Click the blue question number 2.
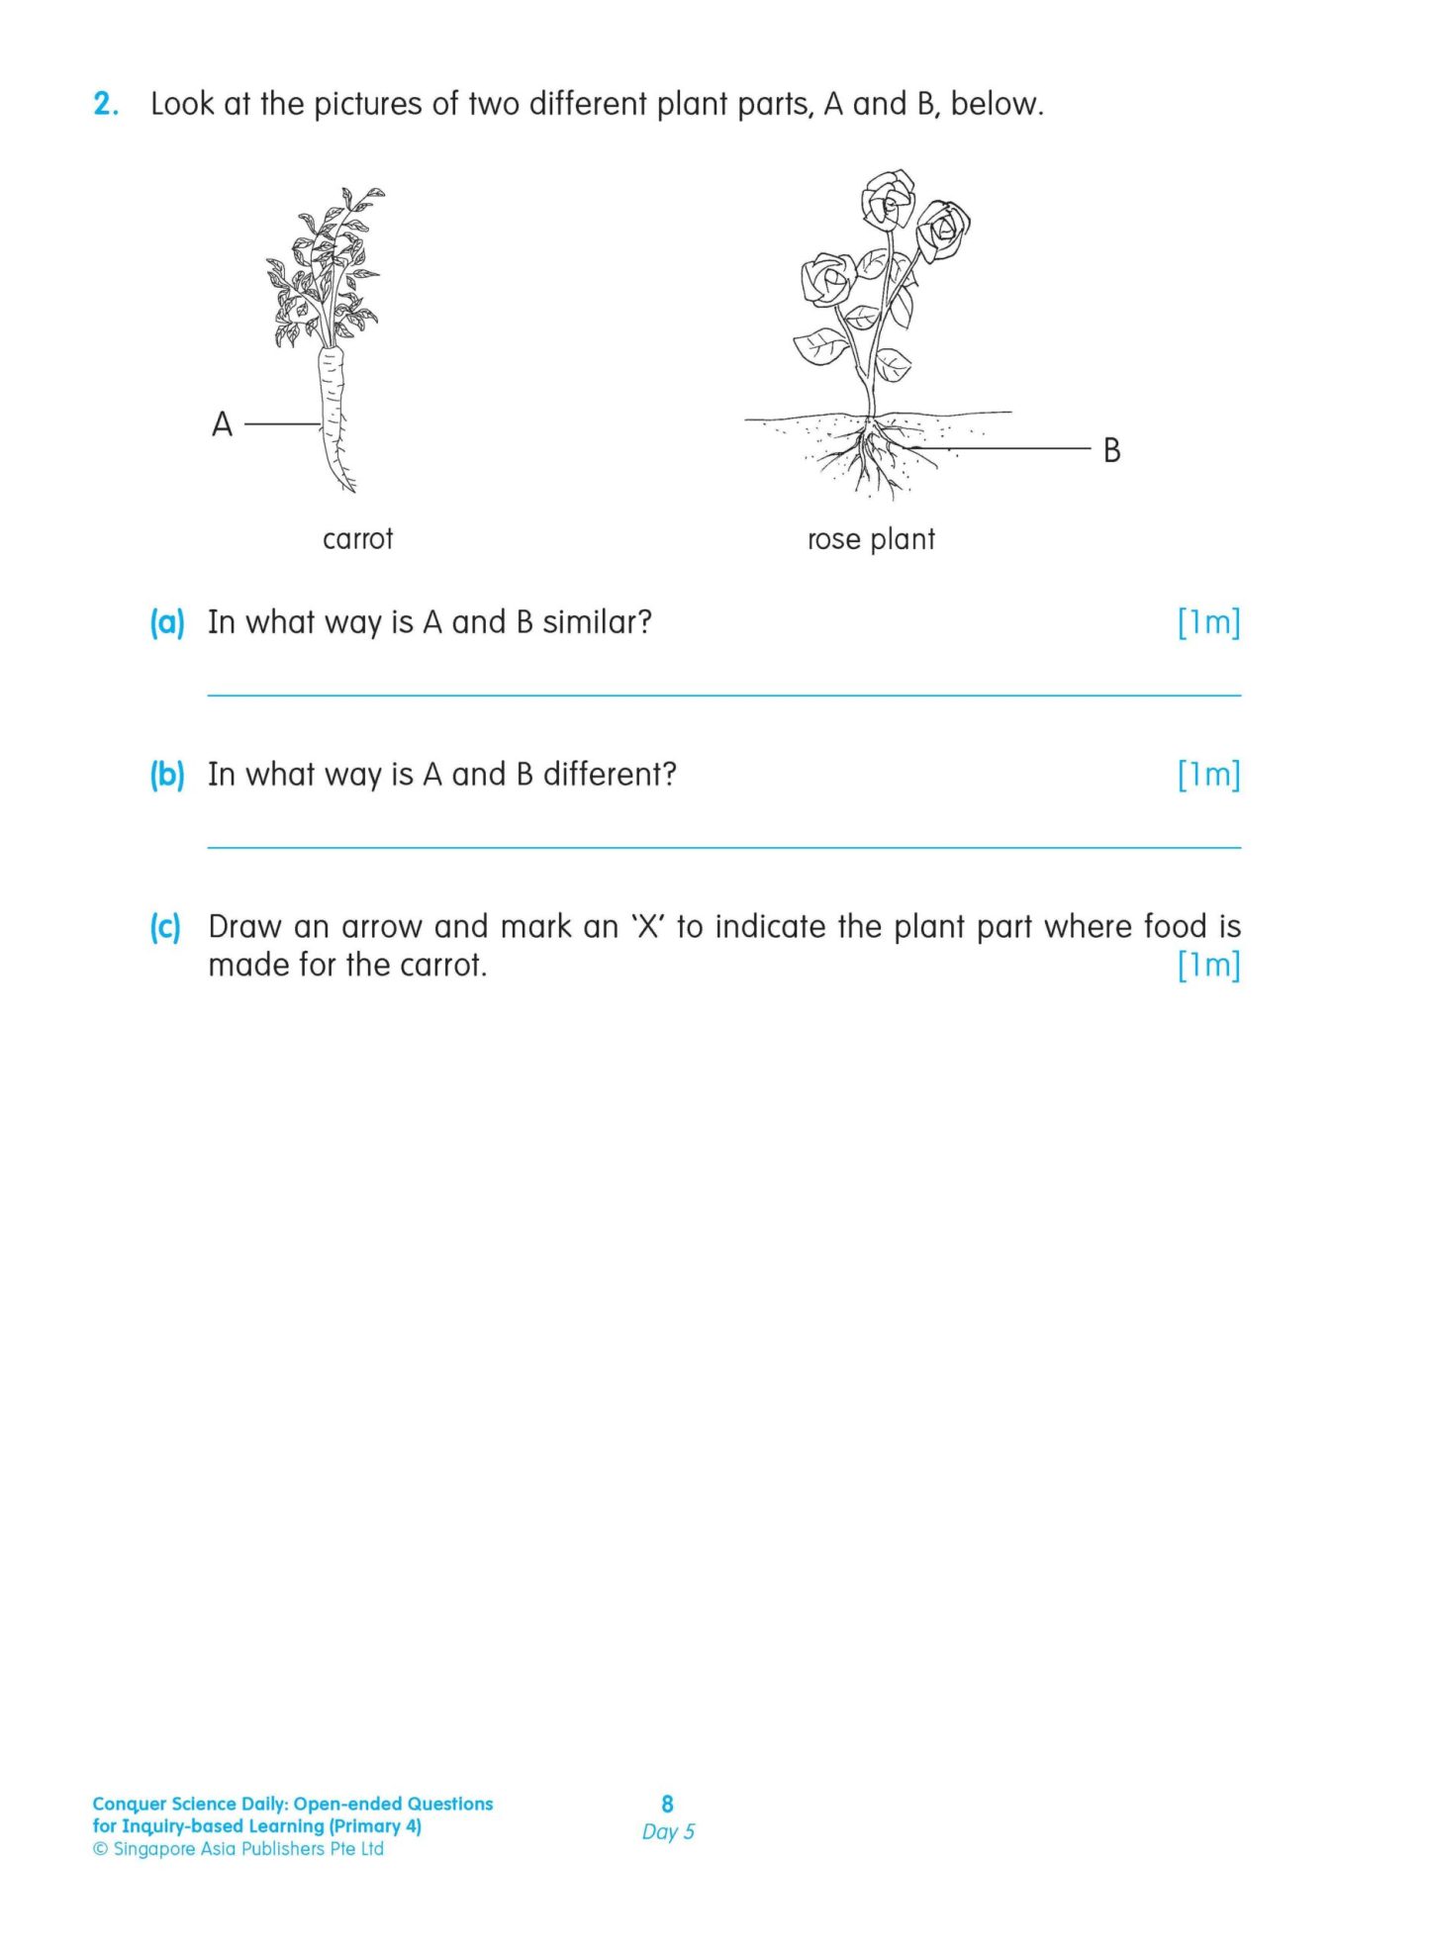105,104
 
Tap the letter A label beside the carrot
222,424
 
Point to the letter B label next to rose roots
1111,450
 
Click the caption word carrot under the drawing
357,539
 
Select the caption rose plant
870,539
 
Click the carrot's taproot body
334,416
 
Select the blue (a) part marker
166,622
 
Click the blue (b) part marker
166,774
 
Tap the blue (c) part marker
165,927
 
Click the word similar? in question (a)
597,622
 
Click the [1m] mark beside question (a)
1207,622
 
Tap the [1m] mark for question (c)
1207,965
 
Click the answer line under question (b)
722,847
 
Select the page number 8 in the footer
667,1804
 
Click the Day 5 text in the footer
668,1831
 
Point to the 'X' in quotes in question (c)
647,927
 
